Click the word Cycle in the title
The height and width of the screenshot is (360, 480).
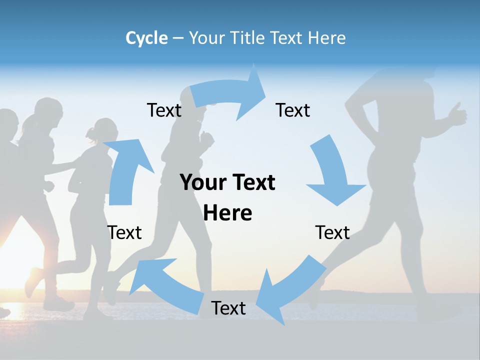pyautogui.click(x=146, y=38)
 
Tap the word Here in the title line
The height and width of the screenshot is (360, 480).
pyautogui.click(x=326, y=38)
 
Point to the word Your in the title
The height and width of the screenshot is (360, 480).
pyautogui.click(x=207, y=38)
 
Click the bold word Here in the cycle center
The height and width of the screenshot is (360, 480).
pyautogui.click(x=227, y=213)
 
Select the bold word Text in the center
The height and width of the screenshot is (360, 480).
pyautogui.click(x=252, y=182)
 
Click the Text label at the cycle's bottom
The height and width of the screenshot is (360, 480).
pyautogui.click(x=228, y=308)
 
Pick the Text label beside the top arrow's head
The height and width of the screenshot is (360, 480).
pyautogui.click(x=293, y=110)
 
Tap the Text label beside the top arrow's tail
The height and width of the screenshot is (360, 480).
pyautogui.click(x=164, y=110)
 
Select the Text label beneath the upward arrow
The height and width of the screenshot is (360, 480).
pyautogui.click(x=124, y=232)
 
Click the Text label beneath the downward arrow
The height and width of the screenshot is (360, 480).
pyautogui.click(x=332, y=232)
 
